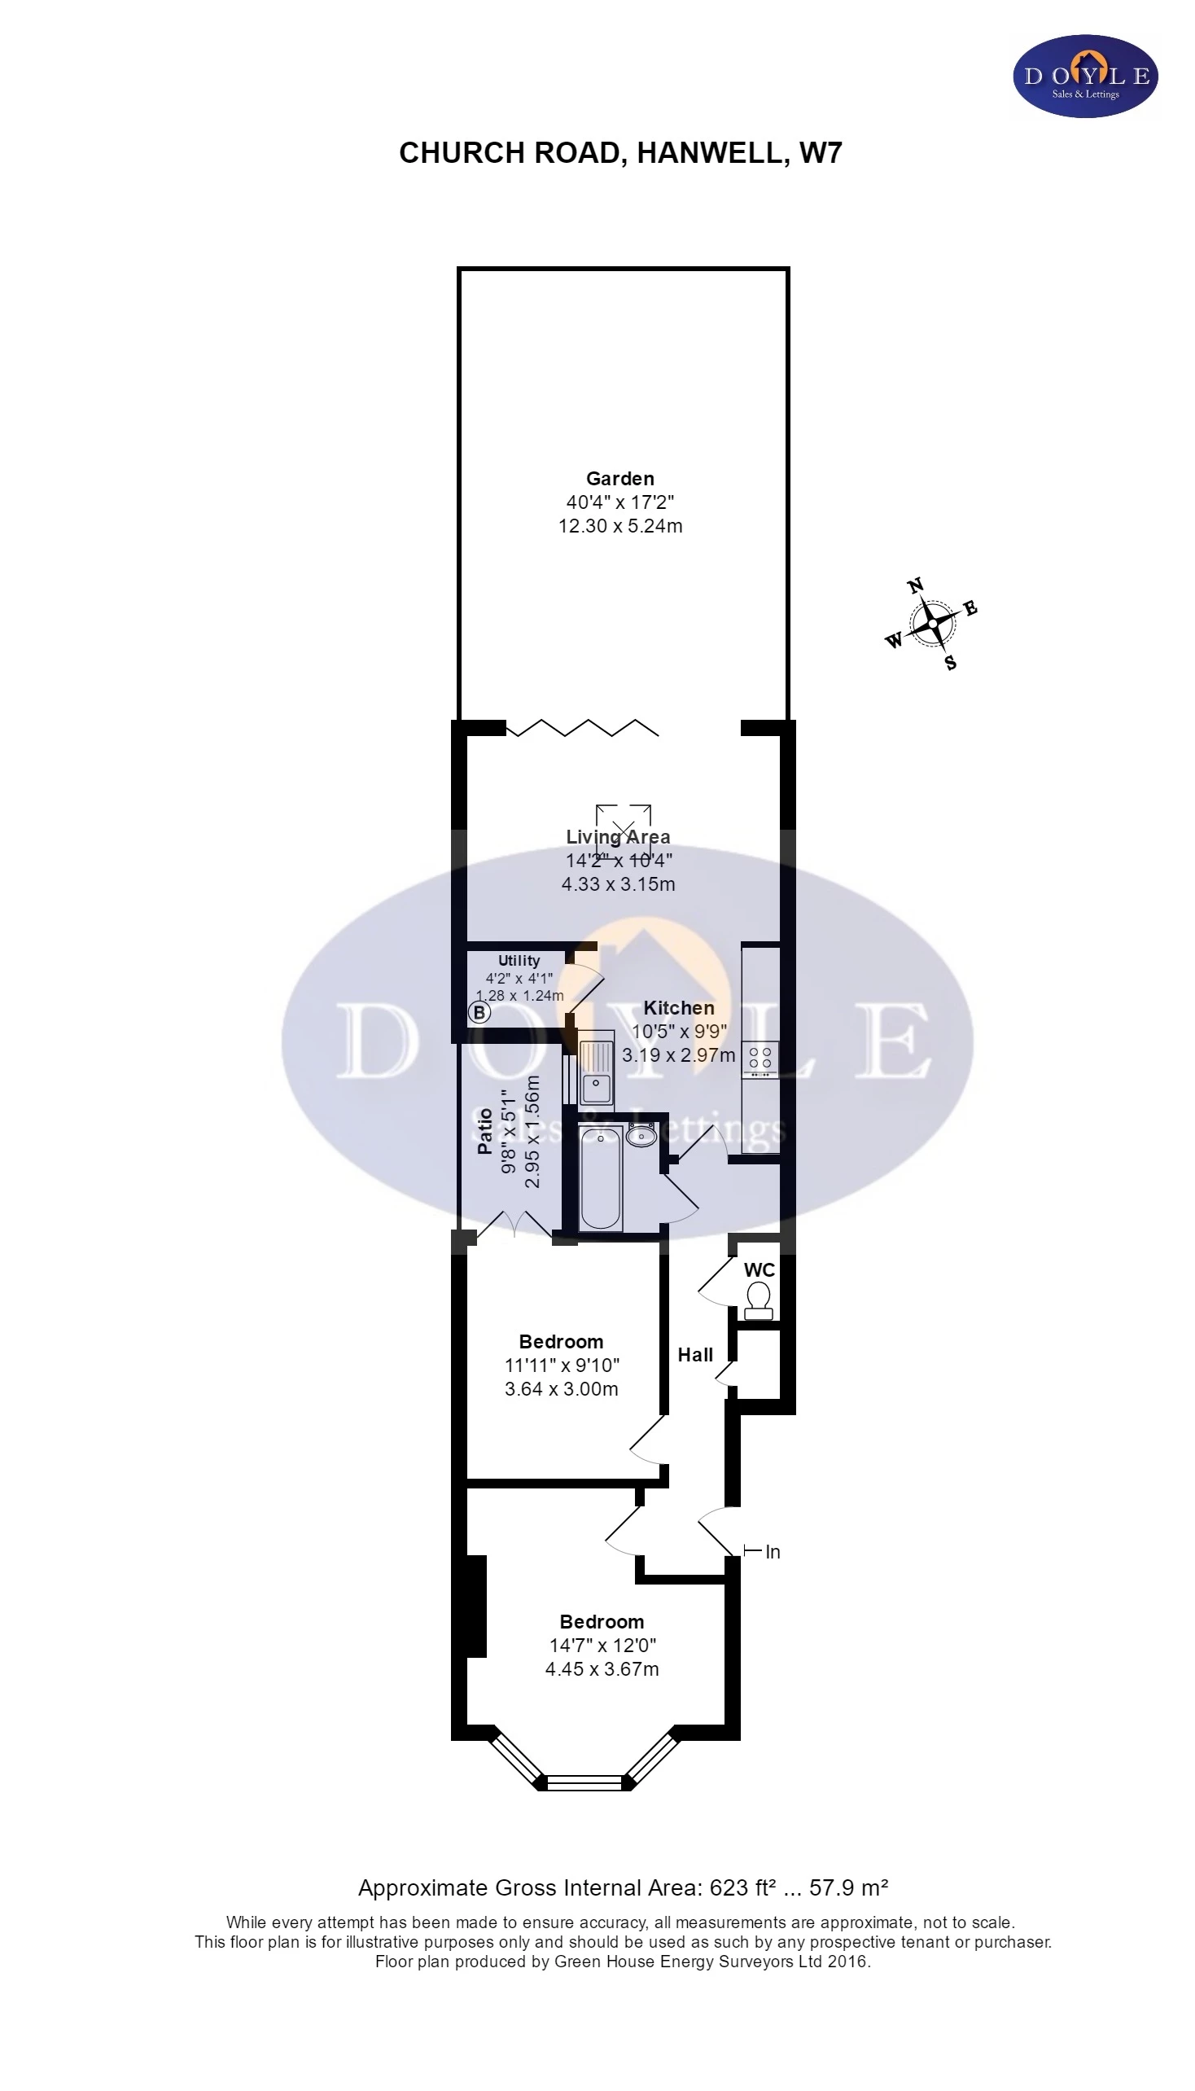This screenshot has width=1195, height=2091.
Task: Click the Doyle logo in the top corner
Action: click(x=1085, y=77)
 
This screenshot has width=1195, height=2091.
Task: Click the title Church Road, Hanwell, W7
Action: click(x=620, y=154)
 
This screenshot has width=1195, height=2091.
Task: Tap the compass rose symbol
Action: click(x=932, y=624)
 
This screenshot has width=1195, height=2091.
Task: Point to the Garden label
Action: click(x=619, y=478)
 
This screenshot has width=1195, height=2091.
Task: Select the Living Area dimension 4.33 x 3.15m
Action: click(x=618, y=884)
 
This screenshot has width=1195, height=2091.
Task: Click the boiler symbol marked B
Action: click(x=479, y=1013)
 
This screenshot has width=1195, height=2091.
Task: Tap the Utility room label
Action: click(x=519, y=961)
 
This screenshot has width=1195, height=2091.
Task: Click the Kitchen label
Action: click(x=679, y=1007)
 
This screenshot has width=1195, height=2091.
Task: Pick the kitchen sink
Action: click(x=596, y=1067)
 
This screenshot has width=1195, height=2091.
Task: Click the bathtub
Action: click(x=600, y=1178)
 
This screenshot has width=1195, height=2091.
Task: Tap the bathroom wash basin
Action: click(x=640, y=1135)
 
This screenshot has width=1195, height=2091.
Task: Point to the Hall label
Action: click(x=695, y=1355)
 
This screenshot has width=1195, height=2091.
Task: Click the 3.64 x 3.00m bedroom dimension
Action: click(x=562, y=1389)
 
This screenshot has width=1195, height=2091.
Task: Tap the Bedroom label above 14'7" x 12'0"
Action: click(x=602, y=1621)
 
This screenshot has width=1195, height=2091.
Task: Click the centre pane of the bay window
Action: click(x=585, y=1782)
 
